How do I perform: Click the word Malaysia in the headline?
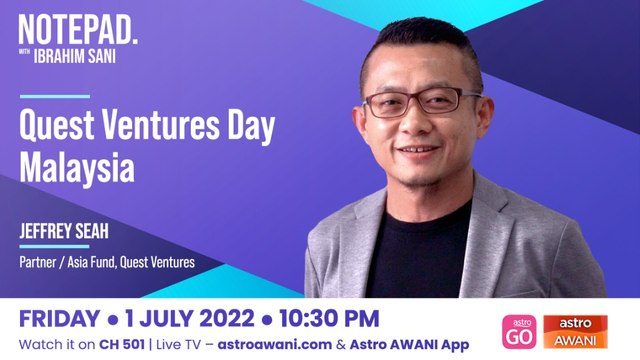pyautogui.click(x=77, y=167)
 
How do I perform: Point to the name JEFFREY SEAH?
pyautogui.click(x=62, y=231)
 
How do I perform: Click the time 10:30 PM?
pyautogui.click(x=325, y=319)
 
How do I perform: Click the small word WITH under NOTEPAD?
pyautogui.click(x=29, y=53)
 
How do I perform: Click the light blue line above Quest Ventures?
pyautogui.click(x=55, y=97)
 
